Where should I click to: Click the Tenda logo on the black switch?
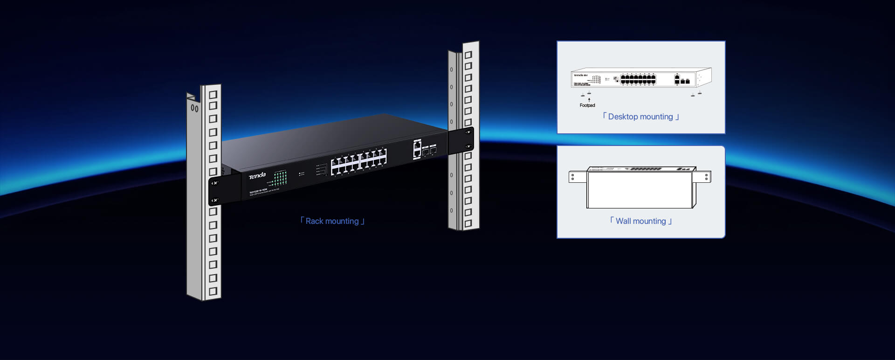pos(257,175)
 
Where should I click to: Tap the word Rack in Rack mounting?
pos(314,221)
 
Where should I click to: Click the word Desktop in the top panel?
pos(623,117)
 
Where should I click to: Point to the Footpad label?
pos(587,105)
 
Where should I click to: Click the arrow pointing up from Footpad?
pos(589,100)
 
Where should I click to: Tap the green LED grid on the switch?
pos(280,178)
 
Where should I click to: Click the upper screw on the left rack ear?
pos(214,183)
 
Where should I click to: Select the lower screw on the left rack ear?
pos(214,200)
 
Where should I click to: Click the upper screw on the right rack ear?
pos(468,132)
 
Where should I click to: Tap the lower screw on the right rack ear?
pos(468,146)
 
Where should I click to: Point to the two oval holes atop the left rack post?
pos(194,109)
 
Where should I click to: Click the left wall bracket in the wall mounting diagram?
pos(577,177)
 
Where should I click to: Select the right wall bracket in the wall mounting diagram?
pos(702,177)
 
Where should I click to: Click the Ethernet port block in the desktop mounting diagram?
pos(638,80)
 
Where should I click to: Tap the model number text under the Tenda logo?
pos(258,191)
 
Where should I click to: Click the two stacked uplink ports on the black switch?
pos(417,149)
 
